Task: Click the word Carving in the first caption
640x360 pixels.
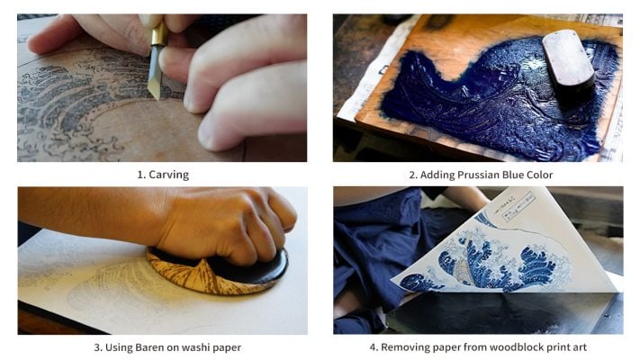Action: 171,175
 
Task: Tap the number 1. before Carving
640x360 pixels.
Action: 141,175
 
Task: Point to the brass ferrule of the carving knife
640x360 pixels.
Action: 158,36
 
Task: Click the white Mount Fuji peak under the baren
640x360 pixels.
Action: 200,268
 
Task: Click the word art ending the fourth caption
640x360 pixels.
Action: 578,346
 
